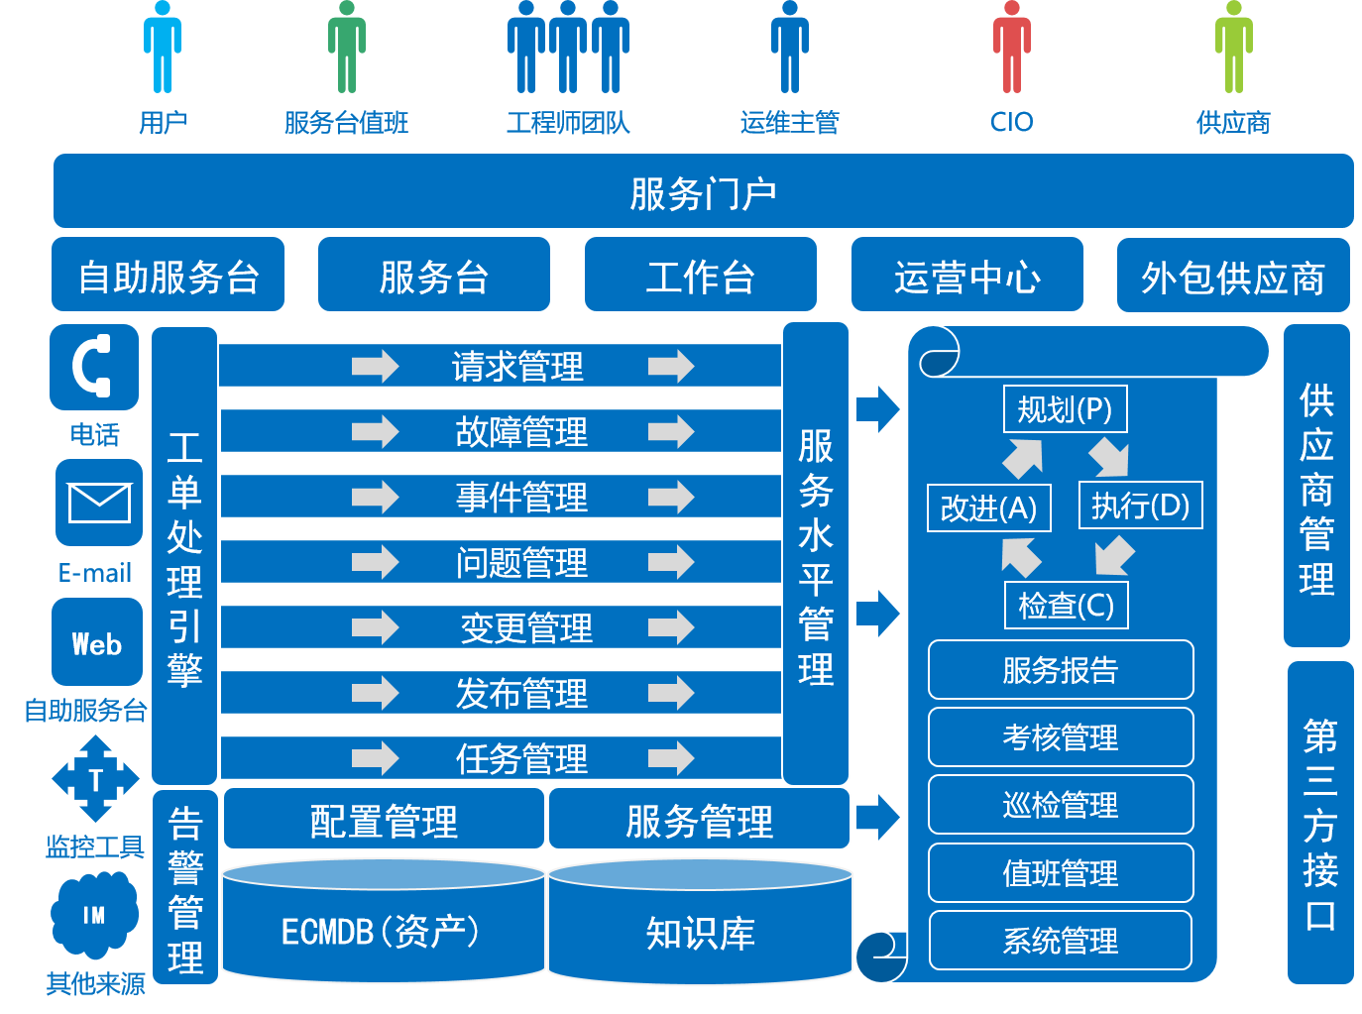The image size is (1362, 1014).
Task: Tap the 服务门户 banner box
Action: click(x=703, y=191)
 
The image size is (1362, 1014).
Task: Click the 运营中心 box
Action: click(x=966, y=276)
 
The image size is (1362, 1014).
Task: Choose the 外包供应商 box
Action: click(x=1233, y=276)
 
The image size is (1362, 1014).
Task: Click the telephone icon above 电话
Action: click(x=94, y=367)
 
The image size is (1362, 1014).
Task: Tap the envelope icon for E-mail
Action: click(x=98, y=503)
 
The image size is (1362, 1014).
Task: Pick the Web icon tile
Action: click(x=97, y=643)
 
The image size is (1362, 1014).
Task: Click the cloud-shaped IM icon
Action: click(x=94, y=914)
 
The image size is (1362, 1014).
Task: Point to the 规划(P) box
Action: click(x=1065, y=409)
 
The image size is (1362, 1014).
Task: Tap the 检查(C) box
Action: click(x=1066, y=605)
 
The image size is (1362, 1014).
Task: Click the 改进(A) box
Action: click(x=988, y=507)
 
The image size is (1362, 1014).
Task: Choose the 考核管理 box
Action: click(x=1060, y=736)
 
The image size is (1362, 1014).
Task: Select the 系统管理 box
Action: click(x=1060, y=940)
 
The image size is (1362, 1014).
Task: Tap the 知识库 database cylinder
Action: click(x=700, y=926)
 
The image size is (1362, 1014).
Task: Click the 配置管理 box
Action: click(x=384, y=820)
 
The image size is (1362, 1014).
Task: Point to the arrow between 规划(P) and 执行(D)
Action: click(x=1108, y=458)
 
